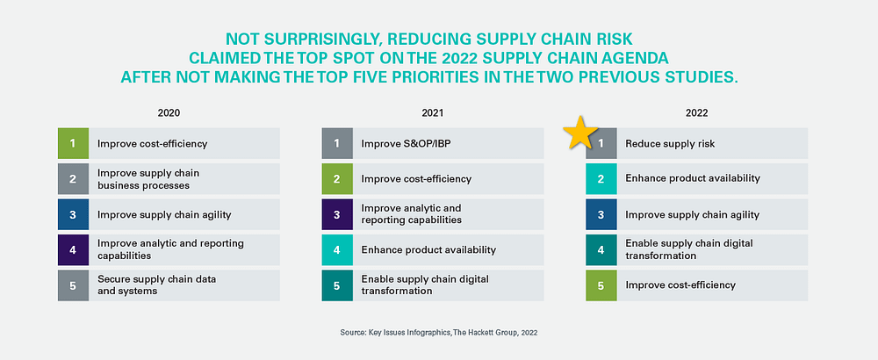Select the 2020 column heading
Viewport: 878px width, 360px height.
point(169,113)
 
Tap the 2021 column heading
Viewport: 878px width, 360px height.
point(432,113)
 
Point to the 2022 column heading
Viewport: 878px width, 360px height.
point(697,113)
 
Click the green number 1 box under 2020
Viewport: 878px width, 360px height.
point(74,143)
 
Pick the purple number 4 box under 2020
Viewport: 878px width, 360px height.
point(74,249)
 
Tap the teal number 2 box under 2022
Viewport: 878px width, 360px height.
point(601,178)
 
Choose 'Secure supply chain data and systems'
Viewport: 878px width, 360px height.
point(157,284)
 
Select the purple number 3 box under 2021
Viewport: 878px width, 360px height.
point(336,214)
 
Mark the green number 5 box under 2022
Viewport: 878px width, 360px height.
point(601,284)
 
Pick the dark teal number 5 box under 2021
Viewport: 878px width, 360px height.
point(336,284)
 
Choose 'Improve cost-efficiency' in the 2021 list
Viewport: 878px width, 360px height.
point(416,178)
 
